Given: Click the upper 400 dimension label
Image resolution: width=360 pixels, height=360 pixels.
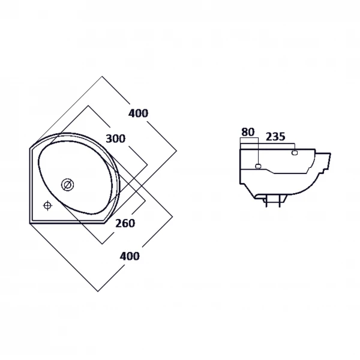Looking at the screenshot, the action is [x=138, y=113].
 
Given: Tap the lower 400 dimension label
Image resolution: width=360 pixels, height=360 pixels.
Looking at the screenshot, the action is [x=130, y=256].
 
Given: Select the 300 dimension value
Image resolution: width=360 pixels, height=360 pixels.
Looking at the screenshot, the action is [x=115, y=139].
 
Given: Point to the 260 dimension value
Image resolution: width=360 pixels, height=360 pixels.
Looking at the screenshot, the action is [x=125, y=223].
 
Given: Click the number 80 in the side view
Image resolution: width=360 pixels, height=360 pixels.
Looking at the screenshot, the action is [x=248, y=132].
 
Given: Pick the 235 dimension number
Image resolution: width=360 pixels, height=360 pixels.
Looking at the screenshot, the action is [x=275, y=137].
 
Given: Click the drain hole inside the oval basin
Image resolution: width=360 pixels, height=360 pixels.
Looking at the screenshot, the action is [x=67, y=185].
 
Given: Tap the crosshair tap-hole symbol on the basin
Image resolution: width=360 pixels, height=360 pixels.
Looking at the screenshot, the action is [x=47, y=205].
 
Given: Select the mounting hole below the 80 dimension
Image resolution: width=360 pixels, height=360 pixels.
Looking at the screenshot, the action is [x=258, y=166].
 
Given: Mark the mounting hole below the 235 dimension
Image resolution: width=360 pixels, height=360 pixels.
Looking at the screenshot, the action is [x=295, y=152].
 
